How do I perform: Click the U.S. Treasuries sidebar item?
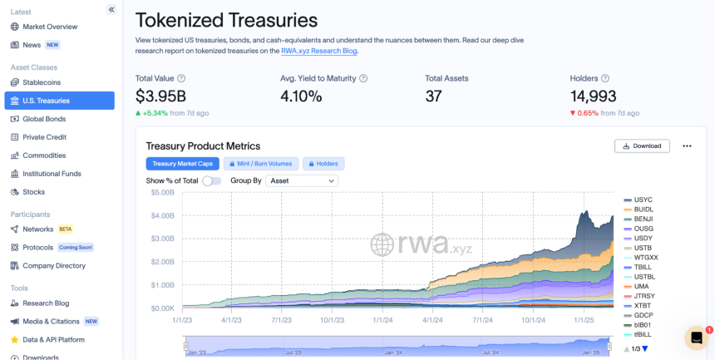coord(59,101)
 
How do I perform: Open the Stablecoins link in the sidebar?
coord(41,82)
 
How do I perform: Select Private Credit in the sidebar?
coord(44,137)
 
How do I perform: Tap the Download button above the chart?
coord(642,146)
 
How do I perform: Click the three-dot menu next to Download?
coord(687,146)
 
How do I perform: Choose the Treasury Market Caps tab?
coord(182,164)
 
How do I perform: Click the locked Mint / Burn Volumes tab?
coord(261,164)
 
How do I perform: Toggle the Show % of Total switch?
coord(211,180)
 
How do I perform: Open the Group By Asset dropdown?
coord(302,180)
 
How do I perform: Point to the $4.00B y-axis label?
coord(163,215)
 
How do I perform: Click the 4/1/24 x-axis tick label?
coord(432,320)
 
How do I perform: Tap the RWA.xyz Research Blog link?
coord(319,51)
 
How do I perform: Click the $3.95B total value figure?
coord(160,96)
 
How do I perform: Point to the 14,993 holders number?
coord(594,96)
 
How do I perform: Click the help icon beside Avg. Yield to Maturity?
coord(363,78)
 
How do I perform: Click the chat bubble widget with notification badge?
coord(697,338)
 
